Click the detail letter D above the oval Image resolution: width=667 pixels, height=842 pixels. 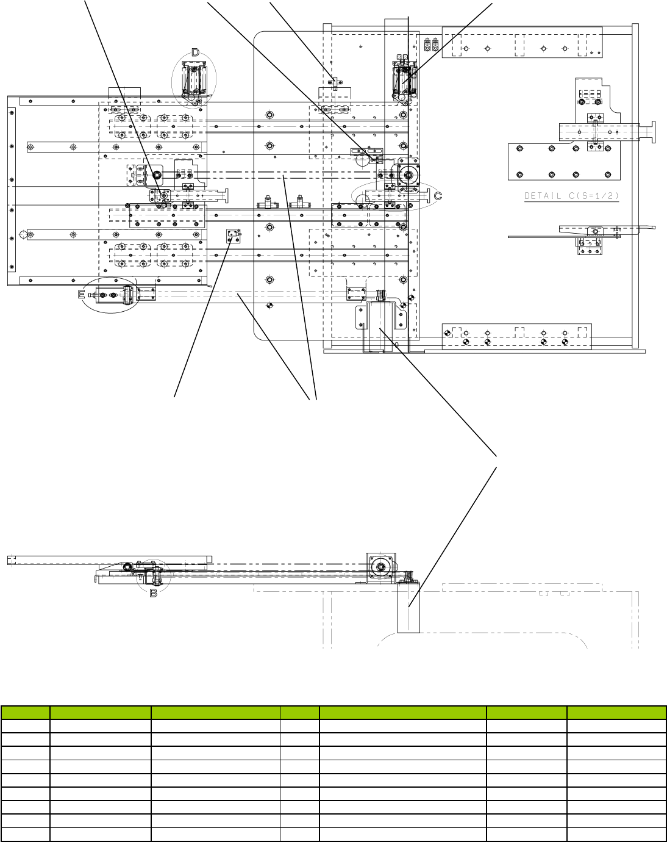(x=195, y=52)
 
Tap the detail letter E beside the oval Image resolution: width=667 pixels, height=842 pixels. (x=82, y=295)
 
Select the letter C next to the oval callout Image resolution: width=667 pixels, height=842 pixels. (x=438, y=195)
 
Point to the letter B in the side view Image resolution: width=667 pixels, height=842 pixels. (x=154, y=592)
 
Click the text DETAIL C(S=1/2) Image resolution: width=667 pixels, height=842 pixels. (x=572, y=196)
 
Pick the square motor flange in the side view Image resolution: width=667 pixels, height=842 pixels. (x=381, y=567)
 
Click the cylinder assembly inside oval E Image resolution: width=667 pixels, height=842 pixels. (x=116, y=296)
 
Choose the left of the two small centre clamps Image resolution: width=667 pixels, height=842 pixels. (x=267, y=202)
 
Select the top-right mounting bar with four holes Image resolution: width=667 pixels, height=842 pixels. (x=522, y=42)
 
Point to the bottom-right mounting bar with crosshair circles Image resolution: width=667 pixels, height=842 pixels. (x=516, y=336)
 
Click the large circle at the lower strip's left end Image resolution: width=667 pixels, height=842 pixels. (x=23, y=234)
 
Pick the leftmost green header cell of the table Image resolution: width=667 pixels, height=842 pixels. (x=25, y=713)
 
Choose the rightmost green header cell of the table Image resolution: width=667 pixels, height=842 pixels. (x=616, y=713)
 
